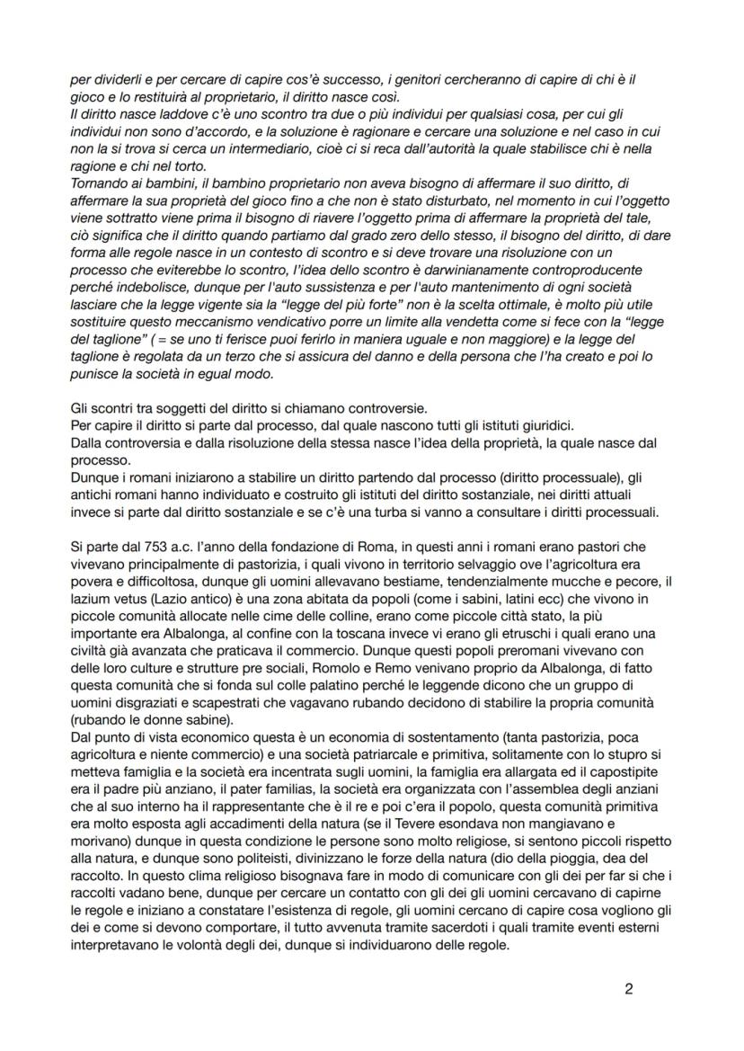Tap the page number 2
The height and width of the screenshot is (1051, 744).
(629, 990)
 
